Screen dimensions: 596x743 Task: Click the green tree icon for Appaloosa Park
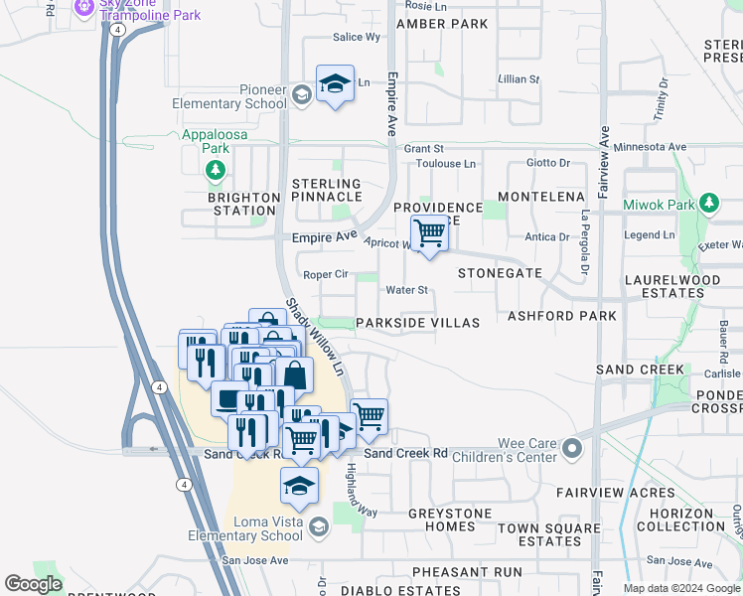pos(215,172)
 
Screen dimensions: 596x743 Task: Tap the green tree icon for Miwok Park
pos(708,204)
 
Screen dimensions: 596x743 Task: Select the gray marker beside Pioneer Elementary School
pos(302,96)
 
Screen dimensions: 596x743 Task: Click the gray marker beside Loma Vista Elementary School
pos(318,527)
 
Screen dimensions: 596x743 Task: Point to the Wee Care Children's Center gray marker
pos(571,449)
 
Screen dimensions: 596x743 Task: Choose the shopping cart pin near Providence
pos(429,234)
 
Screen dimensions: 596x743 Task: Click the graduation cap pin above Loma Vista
pos(299,486)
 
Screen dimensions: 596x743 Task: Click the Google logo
pos(33,584)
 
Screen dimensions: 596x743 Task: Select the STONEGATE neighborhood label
pos(500,272)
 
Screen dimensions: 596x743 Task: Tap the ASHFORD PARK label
pos(562,316)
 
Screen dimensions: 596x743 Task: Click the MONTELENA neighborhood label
pos(541,197)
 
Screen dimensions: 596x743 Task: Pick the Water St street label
pos(406,290)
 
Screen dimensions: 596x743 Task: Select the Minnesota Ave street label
pos(651,147)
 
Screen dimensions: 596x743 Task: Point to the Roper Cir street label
pos(325,274)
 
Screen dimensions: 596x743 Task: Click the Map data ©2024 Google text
pos(680,588)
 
